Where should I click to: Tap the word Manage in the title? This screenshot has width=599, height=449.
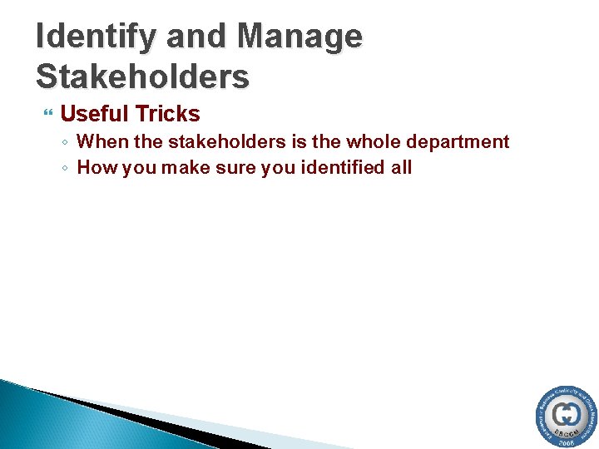(x=299, y=37)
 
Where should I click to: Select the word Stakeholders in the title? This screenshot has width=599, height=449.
(x=142, y=76)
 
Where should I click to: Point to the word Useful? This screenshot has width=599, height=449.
(x=93, y=114)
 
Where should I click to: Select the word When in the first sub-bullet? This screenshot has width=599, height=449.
(x=100, y=142)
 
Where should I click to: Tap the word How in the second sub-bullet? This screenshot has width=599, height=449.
(x=94, y=168)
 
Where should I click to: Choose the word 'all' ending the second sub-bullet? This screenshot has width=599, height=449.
(x=401, y=168)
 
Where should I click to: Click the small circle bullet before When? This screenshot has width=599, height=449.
(x=65, y=143)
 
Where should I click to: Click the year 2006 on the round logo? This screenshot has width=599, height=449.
(x=566, y=443)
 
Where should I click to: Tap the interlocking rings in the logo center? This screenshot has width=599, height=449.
(x=567, y=413)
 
